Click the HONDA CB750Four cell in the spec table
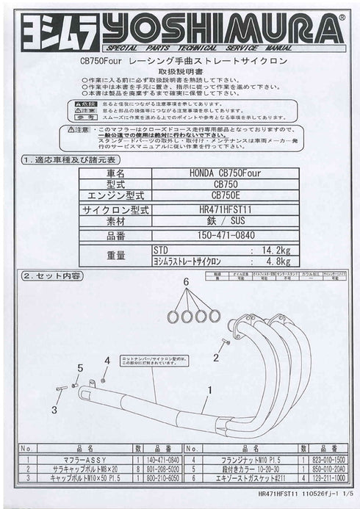pos(223,173)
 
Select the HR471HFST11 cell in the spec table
pos(225,209)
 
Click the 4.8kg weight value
pos(277,260)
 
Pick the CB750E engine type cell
pos(225,196)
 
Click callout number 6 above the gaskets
pos(186,282)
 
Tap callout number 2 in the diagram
pos(217,358)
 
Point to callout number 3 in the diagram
pos(54,409)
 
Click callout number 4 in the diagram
pos(107,360)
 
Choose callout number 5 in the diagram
pos(79,367)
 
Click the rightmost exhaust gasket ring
pos(215,315)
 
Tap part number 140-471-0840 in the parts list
pos(161,456)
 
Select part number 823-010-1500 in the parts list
pos(323,456)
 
